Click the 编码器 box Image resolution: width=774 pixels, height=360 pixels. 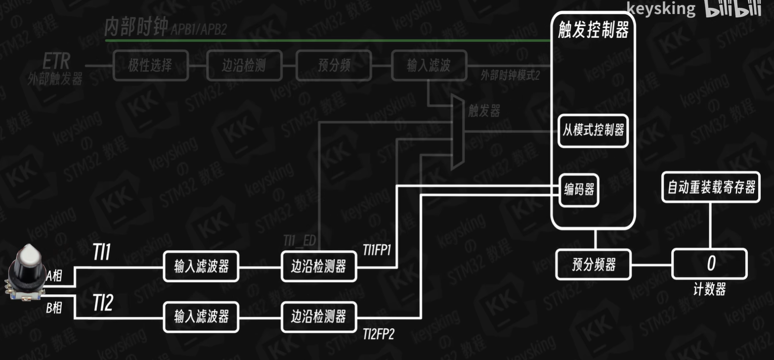(579, 190)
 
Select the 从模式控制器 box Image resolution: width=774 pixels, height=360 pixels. (593, 130)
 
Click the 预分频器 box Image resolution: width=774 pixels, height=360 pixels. (593, 264)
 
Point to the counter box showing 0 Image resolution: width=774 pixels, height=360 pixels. (709, 263)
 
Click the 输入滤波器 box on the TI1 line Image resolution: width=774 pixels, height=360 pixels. (201, 266)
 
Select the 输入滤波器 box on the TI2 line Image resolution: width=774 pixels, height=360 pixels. (201, 317)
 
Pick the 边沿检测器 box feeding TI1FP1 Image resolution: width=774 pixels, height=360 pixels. (319, 266)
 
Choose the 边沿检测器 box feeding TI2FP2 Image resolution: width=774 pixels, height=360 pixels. (319, 317)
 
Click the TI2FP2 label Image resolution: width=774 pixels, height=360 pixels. (378, 335)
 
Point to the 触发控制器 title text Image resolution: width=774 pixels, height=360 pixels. (593, 30)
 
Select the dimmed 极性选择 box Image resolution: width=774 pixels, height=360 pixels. (150, 65)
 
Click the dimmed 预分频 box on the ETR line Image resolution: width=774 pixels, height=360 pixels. (334, 65)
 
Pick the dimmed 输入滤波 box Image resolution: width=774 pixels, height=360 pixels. (428, 65)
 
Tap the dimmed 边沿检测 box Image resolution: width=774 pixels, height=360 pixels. (244, 65)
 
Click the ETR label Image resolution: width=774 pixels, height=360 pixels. (56, 62)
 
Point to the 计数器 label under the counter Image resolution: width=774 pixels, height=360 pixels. (709, 289)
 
